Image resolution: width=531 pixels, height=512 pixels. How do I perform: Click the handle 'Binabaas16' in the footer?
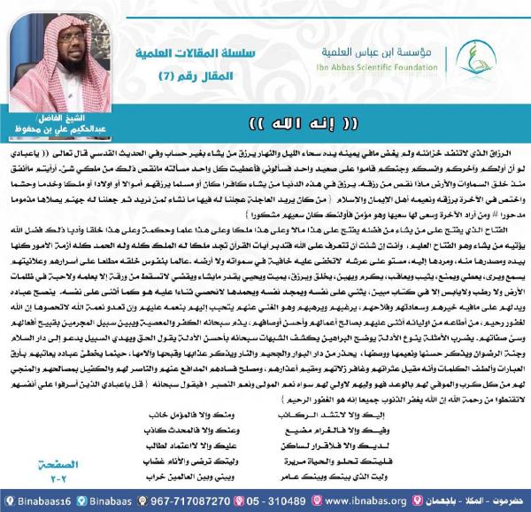[32, 499]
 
